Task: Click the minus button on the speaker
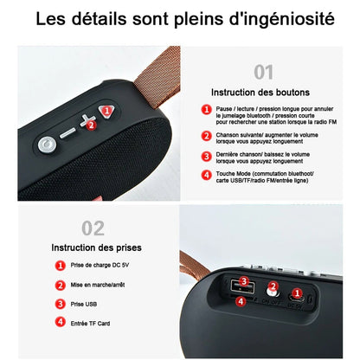pyautogui.click(x=68, y=133)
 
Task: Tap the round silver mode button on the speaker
pyautogui.click(x=45, y=144)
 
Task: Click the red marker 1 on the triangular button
pyautogui.click(x=106, y=111)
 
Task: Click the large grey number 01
pyautogui.click(x=263, y=72)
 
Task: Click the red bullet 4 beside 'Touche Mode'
pyautogui.click(x=206, y=175)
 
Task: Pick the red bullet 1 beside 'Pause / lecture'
pyautogui.click(x=206, y=110)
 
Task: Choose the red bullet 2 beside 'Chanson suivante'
pyautogui.click(x=206, y=136)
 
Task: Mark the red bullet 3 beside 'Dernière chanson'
pyautogui.click(x=206, y=156)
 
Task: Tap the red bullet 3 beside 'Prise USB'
pyautogui.click(x=60, y=303)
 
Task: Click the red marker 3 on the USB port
pyautogui.click(x=245, y=282)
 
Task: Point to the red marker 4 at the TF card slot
pyautogui.click(x=241, y=301)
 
